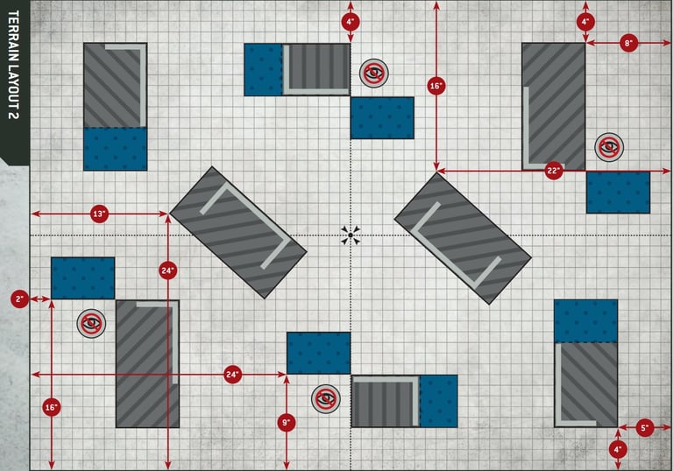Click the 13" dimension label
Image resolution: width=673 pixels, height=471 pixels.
(98, 214)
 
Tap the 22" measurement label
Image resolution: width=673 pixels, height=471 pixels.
(553, 172)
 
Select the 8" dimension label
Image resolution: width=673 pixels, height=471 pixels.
(628, 42)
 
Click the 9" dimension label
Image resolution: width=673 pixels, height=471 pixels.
(287, 423)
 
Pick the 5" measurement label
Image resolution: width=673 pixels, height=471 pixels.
(645, 428)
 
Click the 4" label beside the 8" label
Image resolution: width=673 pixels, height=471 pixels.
(585, 22)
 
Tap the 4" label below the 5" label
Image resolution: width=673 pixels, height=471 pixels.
(618, 449)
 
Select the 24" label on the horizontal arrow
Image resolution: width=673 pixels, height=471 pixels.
(232, 375)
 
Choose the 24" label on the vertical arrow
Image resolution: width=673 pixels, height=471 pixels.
(167, 270)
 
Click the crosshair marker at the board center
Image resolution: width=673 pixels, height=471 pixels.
(351, 235)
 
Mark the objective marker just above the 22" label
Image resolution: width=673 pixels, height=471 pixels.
(607, 147)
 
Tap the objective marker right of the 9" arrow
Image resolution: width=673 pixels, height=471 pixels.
(326, 398)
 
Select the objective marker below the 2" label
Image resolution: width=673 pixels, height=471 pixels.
(89, 323)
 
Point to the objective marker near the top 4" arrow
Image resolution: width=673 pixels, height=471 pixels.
(373, 73)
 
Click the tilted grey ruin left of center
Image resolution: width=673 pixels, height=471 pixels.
(238, 232)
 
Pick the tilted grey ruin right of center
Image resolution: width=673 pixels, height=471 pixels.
(463, 237)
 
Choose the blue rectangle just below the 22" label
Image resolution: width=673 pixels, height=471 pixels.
(618, 192)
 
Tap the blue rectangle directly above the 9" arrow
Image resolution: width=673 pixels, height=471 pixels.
(318, 353)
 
